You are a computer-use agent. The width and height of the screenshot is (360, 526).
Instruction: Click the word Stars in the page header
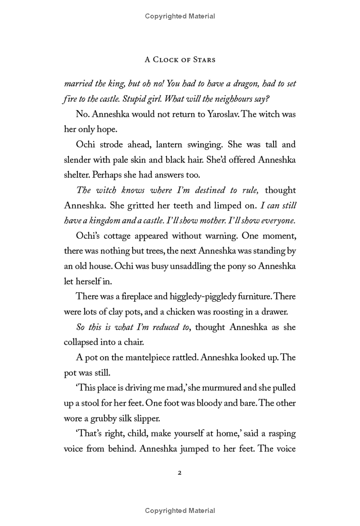(x=202, y=59)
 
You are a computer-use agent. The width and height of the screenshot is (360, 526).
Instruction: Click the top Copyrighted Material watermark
(x=180, y=16)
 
